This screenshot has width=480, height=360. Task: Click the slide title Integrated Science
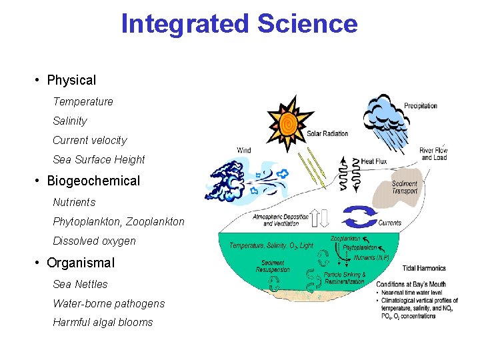[x=239, y=24]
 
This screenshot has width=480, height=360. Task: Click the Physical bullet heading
[x=71, y=80]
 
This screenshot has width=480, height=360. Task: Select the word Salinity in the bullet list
[x=70, y=121]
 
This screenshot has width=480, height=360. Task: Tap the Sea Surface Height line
[x=99, y=159]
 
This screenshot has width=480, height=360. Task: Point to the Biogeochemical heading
[x=93, y=181]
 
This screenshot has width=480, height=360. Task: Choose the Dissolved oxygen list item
[x=94, y=241]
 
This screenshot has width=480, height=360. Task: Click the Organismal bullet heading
[x=80, y=263]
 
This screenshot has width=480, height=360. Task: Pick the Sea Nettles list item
[x=80, y=284]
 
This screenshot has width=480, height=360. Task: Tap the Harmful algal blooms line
[x=103, y=322]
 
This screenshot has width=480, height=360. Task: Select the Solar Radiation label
[x=327, y=133]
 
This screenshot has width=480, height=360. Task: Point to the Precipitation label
[x=421, y=105]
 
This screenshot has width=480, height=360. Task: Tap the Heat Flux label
[x=372, y=161]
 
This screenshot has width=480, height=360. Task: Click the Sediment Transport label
[x=405, y=187]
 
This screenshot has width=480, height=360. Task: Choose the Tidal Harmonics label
[x=424, y=268]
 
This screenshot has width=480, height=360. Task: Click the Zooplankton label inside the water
[x=345, y=238]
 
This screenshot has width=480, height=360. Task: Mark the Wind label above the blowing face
[x=244, y=150]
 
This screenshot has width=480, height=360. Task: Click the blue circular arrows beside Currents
[x=359, y=218]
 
